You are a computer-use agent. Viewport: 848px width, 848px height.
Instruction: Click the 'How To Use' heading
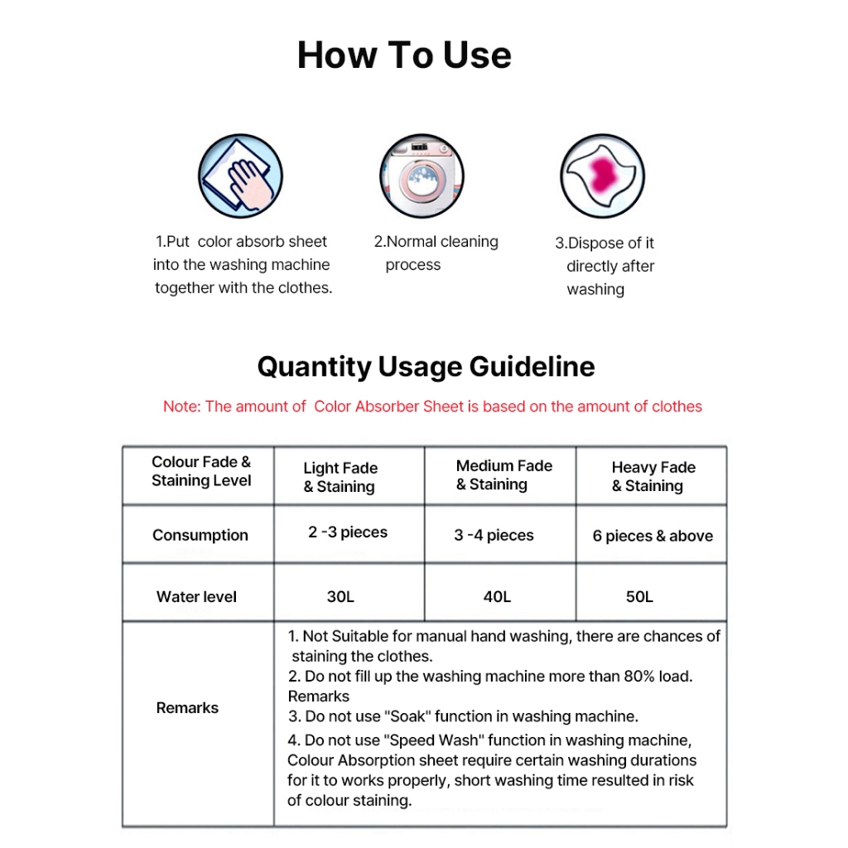[x=404, y=55]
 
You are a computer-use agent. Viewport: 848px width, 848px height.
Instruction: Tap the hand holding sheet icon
[x=240, y=176]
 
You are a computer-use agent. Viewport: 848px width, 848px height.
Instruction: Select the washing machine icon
[x=421, y=176]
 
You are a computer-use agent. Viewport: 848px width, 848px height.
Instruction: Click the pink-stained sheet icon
[x=602, y=176]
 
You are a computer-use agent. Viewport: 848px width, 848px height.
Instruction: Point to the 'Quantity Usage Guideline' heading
[x=426, y=366]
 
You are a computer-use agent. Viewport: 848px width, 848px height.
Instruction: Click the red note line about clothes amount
[x=432, y=407]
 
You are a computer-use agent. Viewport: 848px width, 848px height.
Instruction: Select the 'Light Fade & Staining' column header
[x=340, y=477]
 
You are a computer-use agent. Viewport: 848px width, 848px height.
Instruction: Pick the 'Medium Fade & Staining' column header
[x=503, y=475]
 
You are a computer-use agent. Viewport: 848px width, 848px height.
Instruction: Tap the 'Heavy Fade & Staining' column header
[x=653, y=477]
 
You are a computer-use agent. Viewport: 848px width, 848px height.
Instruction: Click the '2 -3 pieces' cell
[x=348, y=532]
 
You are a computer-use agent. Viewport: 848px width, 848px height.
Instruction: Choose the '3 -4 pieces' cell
[x=494, y=535]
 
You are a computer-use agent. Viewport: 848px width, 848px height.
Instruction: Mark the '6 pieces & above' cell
[x=653, y=536]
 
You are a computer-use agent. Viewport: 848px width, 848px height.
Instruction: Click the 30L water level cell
[x=340, y=596]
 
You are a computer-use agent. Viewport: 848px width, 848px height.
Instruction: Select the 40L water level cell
[x=497, y=596]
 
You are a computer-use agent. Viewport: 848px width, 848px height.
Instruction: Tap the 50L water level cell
[x=639, y=596]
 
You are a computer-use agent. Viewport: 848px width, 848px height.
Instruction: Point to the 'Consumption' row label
[x=200, y=535]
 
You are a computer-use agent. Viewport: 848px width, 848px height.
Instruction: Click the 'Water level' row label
[x=196, y=596]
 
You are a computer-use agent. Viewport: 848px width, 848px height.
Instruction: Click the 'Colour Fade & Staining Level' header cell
[x=200, y=471]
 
